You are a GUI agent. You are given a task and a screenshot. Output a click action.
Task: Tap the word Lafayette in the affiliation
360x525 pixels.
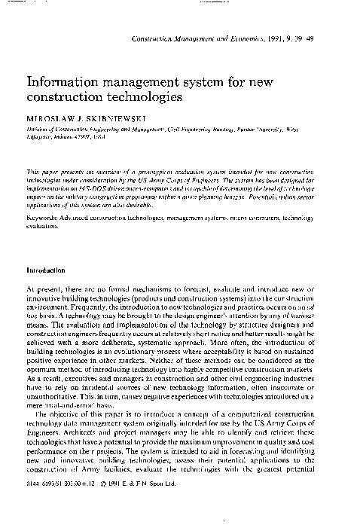pos(39,138)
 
